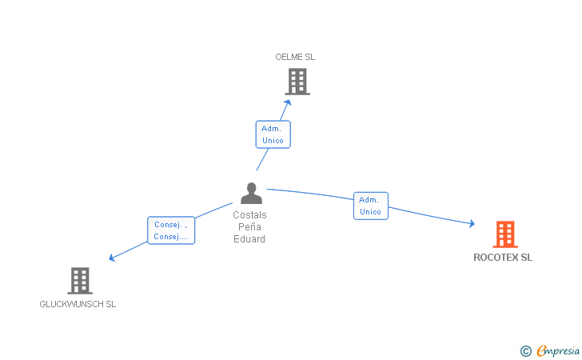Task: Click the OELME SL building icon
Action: point(297,81)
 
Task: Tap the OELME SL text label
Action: point(295,57)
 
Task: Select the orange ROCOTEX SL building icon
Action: point(504,234)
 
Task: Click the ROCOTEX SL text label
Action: point(502,258)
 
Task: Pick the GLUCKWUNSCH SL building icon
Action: point(79,281)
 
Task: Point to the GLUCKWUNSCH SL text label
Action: point(78,304)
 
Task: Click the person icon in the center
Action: point(251,194)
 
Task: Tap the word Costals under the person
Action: point(249,215)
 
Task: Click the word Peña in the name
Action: point(249,227)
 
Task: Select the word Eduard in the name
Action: point(249,239)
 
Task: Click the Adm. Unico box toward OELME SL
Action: point(273,134)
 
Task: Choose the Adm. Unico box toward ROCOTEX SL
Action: point(370,206)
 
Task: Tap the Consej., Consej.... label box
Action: point(170,230)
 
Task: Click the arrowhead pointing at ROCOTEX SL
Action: point(472,224)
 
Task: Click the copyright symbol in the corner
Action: point(525,350)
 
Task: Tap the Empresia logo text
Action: point(558,350)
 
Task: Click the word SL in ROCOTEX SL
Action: point(526,258)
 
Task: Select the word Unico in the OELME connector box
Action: point(273,141)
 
